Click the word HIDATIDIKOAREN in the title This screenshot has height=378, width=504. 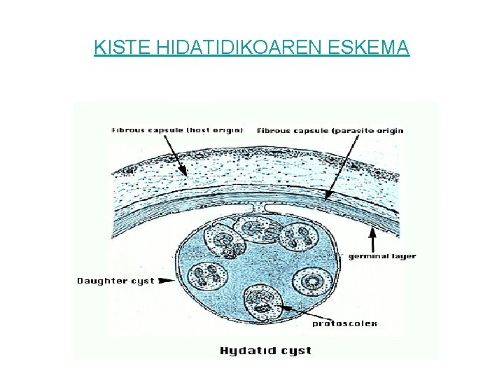click(x=234, y=48)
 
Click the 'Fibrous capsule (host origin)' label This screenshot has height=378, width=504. click(x=178, y=130)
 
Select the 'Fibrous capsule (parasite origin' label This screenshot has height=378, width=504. click(x=330, y=130)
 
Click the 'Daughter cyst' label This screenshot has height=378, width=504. click(x=115, y=281)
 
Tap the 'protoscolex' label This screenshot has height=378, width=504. click(x=344, y=323)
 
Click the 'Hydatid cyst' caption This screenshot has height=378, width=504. click(x=266, y=350)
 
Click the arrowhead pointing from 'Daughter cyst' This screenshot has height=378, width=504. click(x=167, y=281)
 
